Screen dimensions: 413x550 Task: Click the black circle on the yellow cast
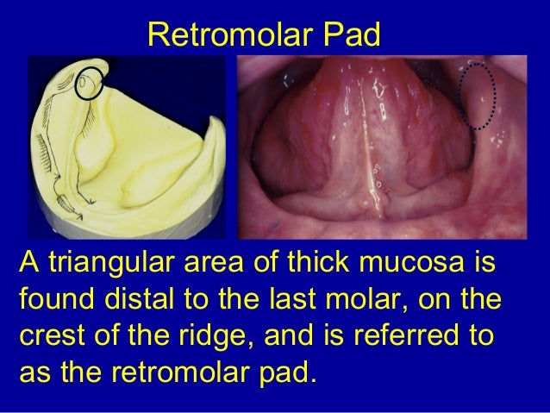91,81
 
